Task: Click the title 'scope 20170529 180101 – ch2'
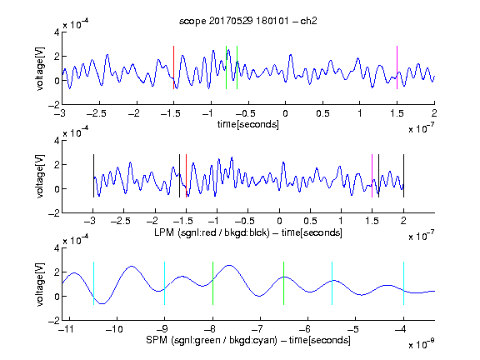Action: point(248,21)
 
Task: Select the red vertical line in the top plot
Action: point(173,67)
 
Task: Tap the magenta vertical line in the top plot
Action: point(397,67)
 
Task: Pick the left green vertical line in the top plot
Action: point(226,67)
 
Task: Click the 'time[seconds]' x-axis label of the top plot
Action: point(248,124)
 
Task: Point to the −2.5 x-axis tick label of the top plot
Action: point(97,114)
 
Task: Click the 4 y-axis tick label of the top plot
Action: point(57,32)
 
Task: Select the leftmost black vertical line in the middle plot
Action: point(93,176)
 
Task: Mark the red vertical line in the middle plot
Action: point(186,176)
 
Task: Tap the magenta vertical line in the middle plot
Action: point(372,176)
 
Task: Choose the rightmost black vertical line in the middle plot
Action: point(403,176)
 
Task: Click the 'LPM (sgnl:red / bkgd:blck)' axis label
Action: point(212,232)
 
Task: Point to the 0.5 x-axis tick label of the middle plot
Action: point(310,221)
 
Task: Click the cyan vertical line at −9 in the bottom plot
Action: point(165,283)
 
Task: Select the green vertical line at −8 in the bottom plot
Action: point(212,283)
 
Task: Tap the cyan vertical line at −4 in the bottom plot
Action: point(403,283)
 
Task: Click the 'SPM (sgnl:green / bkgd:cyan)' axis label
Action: point(212,340)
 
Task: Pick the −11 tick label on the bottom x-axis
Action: point(66,329)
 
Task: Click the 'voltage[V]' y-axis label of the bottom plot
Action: point(40,284)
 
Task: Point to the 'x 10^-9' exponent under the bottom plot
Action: point(421,345)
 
